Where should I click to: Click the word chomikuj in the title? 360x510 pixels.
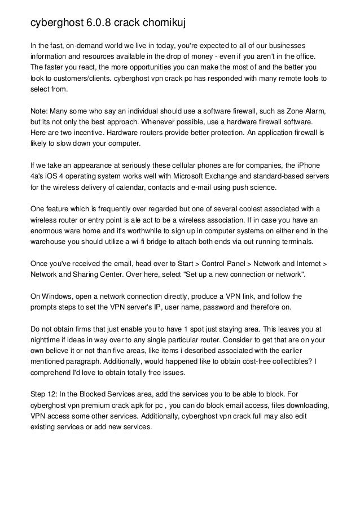point(160,23)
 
